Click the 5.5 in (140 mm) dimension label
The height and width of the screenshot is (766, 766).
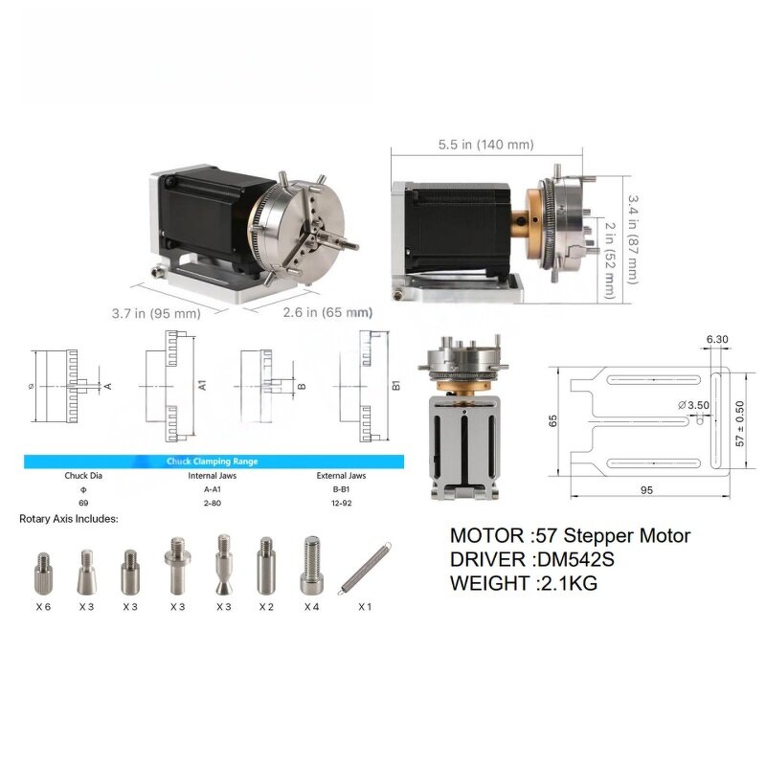coord(485,145)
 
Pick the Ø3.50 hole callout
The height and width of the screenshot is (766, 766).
coord(693,405)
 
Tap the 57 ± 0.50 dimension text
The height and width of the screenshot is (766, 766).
coord(739,422)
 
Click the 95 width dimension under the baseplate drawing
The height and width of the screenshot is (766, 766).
coord(646,490)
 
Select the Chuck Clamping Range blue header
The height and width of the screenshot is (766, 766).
coord(213,462)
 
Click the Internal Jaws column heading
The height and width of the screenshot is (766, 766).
coord(213,475)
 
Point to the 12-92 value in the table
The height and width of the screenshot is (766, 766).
coord(343,502)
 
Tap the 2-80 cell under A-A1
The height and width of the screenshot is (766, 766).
coord(213,502)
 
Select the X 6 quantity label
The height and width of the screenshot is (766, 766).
coord(43,607)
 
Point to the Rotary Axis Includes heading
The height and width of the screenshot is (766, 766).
coord(69,519)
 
